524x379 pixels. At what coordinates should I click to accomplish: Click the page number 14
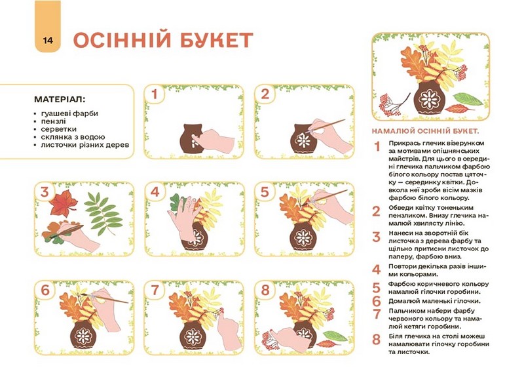[48, 41]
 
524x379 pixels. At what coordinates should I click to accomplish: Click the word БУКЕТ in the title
[216, 41]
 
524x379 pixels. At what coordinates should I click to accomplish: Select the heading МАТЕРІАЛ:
[60, 100]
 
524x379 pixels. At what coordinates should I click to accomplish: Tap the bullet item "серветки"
[59, 129]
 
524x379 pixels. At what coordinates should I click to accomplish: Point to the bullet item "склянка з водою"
[73, 137]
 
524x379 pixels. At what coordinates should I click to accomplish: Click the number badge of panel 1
[155, 94]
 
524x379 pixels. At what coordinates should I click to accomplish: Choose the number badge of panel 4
[155, 192]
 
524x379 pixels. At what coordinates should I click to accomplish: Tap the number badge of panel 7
[155, 290]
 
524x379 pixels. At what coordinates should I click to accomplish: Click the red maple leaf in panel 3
[64, 203]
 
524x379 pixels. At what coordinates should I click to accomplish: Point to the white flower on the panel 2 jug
[303, 140]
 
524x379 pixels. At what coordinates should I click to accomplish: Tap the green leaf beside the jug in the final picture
[468, 98]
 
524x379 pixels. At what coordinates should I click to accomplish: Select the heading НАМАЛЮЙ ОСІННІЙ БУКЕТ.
[425, 130]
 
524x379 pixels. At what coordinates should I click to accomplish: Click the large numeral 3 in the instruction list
[376, 237]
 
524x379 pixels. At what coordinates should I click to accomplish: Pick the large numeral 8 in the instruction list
[376, 339]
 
